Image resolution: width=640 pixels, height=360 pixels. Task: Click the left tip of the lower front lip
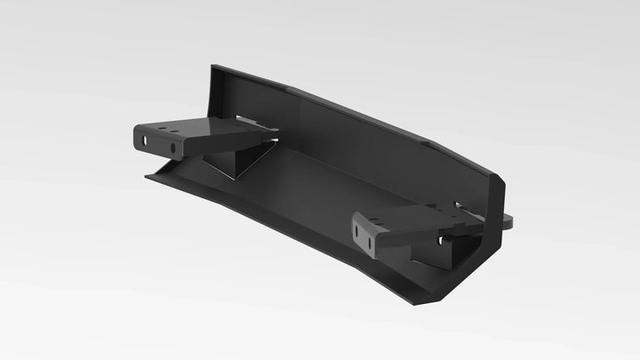click(x=148, y=176)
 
